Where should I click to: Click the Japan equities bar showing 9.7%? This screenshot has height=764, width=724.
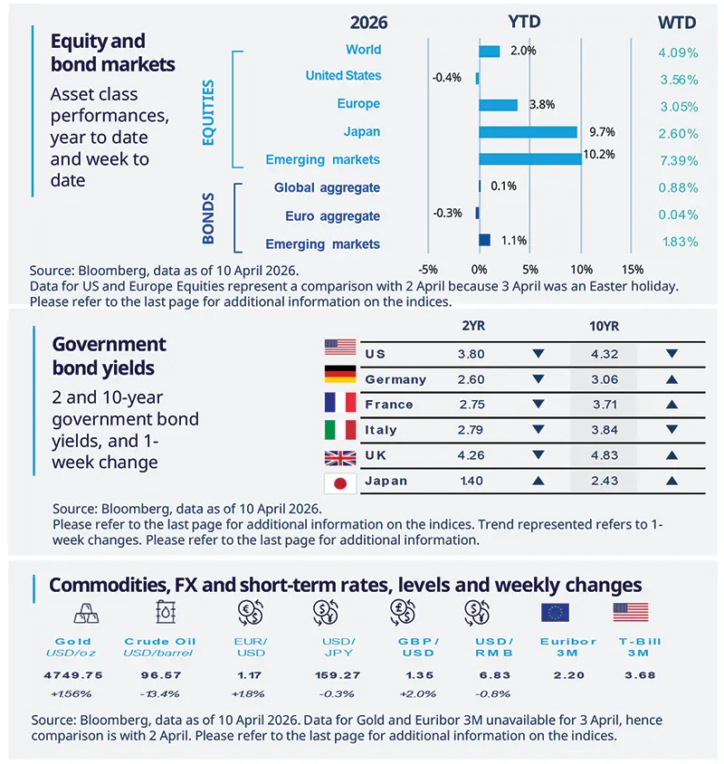(x=528, y=132)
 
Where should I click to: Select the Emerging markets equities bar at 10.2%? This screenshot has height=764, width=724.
(x=529, y=159)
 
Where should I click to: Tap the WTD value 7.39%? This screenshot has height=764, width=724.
(x=677, y=160)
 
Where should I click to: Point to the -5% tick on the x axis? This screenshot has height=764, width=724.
(x=429, y=269)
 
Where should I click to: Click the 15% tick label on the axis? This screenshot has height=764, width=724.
(x=633, y=269)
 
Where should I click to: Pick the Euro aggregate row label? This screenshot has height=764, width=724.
(x=332, y=216)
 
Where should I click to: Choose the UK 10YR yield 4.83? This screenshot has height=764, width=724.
(x=602, y=455)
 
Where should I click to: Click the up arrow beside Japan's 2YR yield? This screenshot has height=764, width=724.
(x=538, y=482)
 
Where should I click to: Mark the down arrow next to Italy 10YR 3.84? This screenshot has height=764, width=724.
(x=671, y=430)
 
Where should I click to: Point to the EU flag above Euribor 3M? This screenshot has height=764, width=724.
(x=553, y=613)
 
